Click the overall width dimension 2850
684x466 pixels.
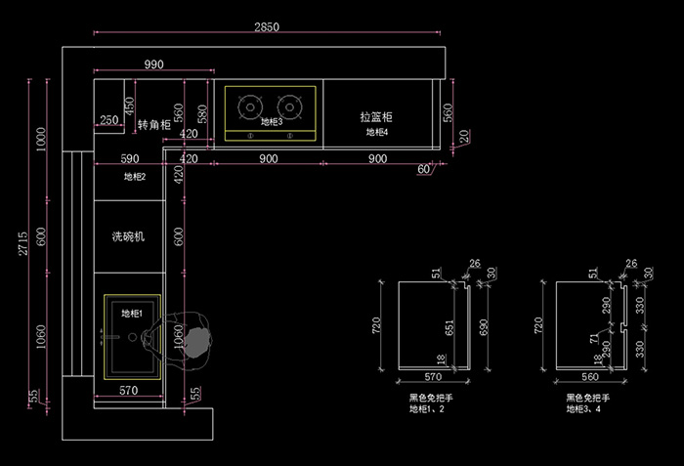(266, 27)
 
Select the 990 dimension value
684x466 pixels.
(153, 64)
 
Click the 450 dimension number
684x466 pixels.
(129, 106)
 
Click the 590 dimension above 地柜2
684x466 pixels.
(129, 158)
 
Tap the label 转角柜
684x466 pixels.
(153, 125)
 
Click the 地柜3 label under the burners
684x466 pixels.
(271, 122)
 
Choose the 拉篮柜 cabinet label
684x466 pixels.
(376, 116)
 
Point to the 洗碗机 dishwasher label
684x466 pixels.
(128, 236)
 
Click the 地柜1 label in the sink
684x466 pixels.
(131, 314)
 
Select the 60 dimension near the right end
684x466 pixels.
(424, 170)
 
